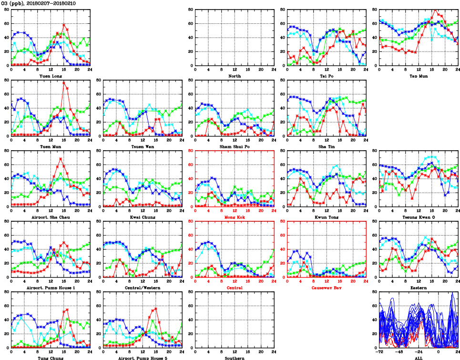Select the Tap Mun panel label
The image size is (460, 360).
coord(418,76)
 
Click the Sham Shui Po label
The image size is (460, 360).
coord(235,146)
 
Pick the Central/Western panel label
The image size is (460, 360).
coord(143,288)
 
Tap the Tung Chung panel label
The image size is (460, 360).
coord(51,358)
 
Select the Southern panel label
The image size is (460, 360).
coord(235,358)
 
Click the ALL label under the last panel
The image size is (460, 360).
coord(418,358)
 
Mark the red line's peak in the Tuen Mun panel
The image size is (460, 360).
coord(64,82)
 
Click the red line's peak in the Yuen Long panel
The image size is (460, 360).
coord(64,24)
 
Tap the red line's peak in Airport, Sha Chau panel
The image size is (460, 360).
coord(61,158)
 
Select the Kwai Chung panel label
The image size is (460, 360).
coord(143,217)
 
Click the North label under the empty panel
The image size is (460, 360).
coord(235,76)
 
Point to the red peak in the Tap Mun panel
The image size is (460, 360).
coord(435,10)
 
